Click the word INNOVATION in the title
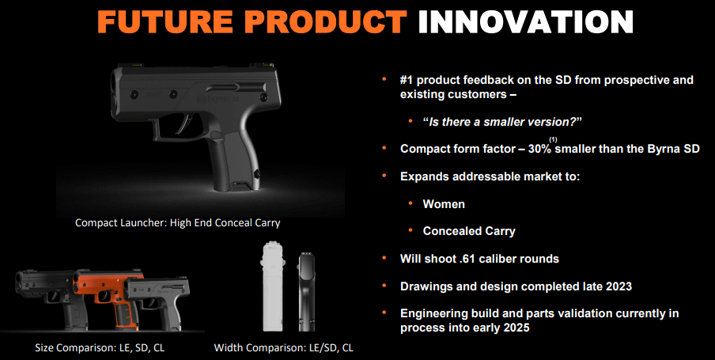(x=525, y=21)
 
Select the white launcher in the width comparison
(x=272, y=286)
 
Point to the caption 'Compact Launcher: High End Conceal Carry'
(x=178, y=223)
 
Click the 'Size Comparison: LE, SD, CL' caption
(x=100, y=347)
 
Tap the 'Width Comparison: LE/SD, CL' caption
(x=284, y=347)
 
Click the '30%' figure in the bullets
(x=541, y=149)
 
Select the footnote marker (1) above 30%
(x=554, y=139)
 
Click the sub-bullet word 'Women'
(x=444, y=204)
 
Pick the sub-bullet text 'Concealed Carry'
(x=469, y=231)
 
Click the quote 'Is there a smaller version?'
(x=503, y=122)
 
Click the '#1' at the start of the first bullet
(x=406, y=80)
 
